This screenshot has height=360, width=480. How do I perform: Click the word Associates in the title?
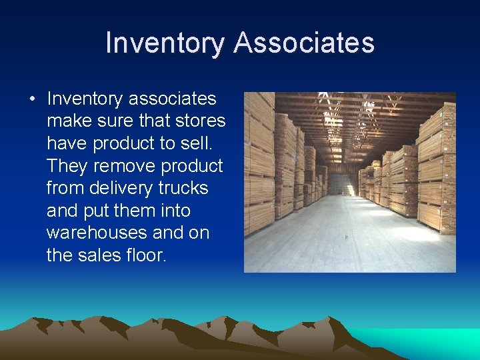click(304, 43)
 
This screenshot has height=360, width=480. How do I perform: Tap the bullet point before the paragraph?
click(31, 99)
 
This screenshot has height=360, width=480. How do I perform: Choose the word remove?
click(123, 166)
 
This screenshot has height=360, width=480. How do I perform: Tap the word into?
click(173, 211)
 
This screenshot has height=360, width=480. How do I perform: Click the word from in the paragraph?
click(65, 189)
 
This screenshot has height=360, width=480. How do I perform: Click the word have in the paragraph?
click(67, 144)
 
